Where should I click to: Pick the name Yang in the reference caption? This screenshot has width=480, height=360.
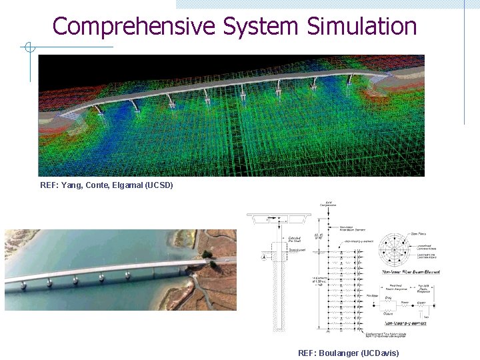71,185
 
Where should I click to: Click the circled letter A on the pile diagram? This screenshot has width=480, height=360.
264,257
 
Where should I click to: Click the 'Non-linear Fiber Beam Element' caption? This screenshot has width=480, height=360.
405,273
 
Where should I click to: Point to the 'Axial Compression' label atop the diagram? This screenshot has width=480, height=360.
329,203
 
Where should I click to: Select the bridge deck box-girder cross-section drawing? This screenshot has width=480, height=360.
278,219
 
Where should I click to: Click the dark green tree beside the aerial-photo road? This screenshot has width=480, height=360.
207,254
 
